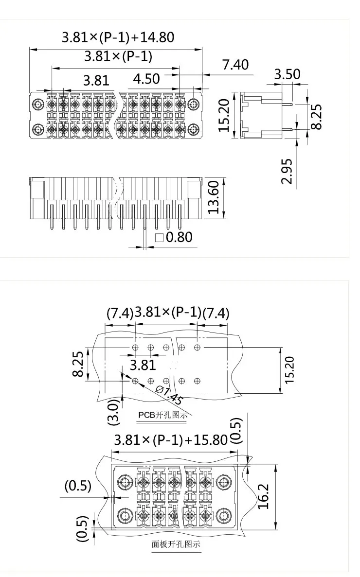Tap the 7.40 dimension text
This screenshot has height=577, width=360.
click(235, 65)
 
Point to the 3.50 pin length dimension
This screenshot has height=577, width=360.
click(287, 74)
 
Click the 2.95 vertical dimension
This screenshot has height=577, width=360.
click(287, 171)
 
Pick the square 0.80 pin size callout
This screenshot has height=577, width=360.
click(174, 237)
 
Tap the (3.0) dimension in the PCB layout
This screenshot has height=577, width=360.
click(112, 405)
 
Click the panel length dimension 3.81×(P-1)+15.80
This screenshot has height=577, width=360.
click(170, 440)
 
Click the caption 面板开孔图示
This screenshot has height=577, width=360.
click(176, 544)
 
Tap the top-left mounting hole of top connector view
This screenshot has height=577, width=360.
click(38, 104)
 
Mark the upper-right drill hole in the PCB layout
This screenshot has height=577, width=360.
click(197, 347)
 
